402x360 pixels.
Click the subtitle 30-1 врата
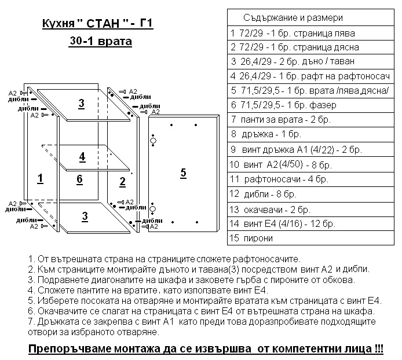(98, 42)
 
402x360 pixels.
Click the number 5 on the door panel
(183, 172)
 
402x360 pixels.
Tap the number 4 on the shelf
(82, 157)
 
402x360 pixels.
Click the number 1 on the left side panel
(40, 178)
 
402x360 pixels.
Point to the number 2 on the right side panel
(122, 182)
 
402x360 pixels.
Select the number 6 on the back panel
(81, 179)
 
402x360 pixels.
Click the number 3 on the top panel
(82, 104)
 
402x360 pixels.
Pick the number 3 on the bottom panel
(85, 216)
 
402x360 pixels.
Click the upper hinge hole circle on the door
(154, 141)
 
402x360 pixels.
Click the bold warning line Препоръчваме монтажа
(206, 350)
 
